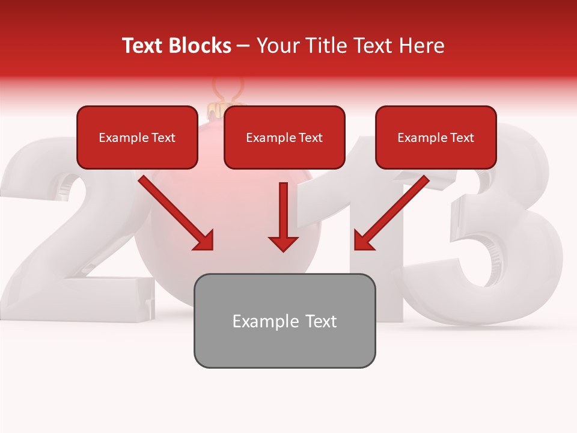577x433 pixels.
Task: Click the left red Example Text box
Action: tap(137, 138)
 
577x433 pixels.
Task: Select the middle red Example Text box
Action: tap(284, 138)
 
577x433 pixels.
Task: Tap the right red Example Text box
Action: tap(436, 138)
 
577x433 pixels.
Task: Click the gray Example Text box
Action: tap(284, 321)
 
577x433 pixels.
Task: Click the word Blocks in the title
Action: tap(200, 46)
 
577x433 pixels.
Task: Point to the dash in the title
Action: tap(243, 46)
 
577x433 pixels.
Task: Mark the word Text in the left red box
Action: tap(163, 138)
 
